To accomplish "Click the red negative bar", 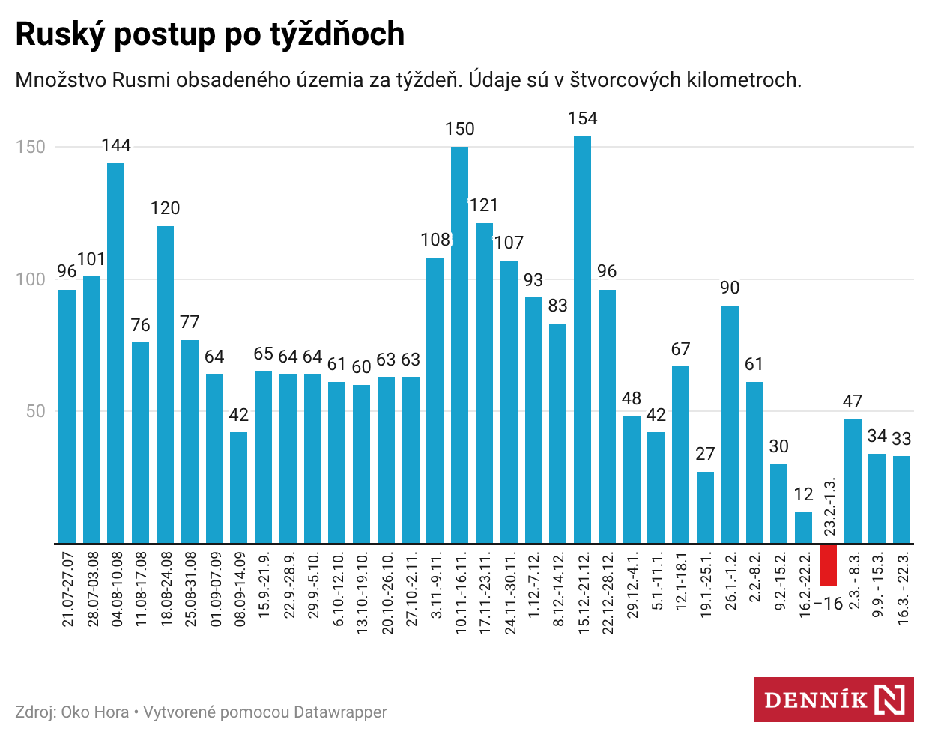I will [828, 564].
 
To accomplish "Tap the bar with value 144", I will [116, 352].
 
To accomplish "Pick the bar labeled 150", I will [459, 345].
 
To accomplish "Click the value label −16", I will [828, 604].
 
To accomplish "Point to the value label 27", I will [705, 454].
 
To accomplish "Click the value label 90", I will [730, 288].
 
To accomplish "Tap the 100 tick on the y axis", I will [31, 279].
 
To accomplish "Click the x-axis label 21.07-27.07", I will [67, 589].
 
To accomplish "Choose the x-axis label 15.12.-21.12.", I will [583, 594].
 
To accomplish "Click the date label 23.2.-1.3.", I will [829, 507].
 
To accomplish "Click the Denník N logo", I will [833, 700].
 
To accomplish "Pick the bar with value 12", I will [803, 527].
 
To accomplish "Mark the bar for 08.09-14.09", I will [239, 488].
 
